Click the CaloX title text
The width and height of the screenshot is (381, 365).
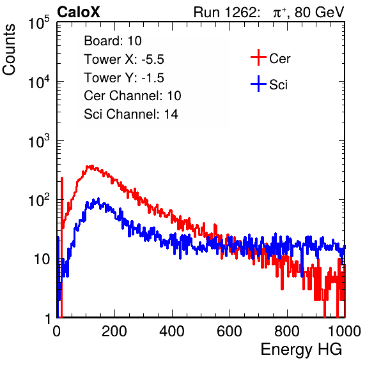[78, 12]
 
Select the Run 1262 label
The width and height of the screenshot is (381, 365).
[225, 12]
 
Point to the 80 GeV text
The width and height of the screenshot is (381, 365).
[319, 12]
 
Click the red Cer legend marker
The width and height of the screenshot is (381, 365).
[258, 57]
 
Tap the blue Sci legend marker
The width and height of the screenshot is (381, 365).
[258, 84]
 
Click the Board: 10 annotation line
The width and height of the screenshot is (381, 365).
[113, 41]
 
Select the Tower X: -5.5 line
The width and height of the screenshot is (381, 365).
[124, 59]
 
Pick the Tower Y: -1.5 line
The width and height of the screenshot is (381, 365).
[124, 78]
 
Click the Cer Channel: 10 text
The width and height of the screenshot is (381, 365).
[132, 96]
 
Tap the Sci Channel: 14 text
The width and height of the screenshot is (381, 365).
[131, 114]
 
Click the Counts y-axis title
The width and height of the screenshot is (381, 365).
[9, 50]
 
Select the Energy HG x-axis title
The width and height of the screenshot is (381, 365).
[301, 350]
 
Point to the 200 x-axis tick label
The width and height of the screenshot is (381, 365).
[114, 331]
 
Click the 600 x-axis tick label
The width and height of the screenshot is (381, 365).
[229, 331]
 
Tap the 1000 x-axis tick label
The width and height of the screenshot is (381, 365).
[345, 331]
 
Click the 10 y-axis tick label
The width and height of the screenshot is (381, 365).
[42, 259]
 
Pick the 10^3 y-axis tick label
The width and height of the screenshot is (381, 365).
[39, 140]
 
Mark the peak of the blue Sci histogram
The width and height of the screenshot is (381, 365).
[98, 198]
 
